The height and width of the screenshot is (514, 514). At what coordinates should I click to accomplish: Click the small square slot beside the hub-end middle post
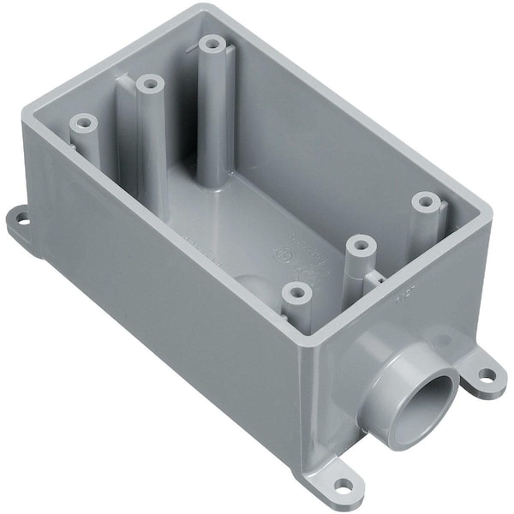click(375, 276)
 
